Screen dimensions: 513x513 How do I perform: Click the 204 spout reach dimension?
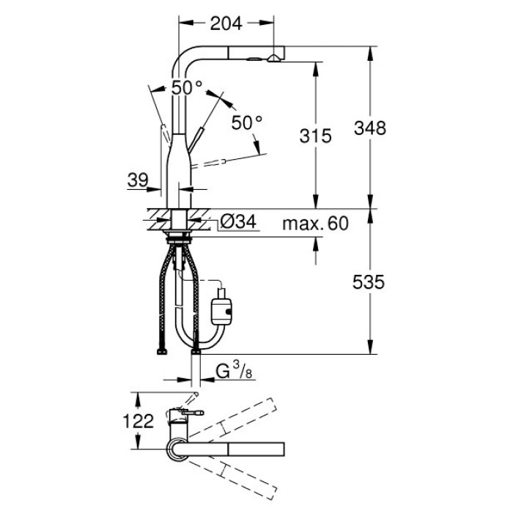pos(226,24)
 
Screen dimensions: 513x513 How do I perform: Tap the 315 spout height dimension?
pos(317,135)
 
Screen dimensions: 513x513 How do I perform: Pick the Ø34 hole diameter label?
pos(237,222)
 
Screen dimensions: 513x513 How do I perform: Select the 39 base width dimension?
pos(138,179)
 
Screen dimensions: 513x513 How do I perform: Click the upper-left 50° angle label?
pos(186,87)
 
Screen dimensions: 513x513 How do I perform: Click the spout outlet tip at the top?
pos(275,58)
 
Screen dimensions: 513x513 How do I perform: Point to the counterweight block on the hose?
pos(222,307)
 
